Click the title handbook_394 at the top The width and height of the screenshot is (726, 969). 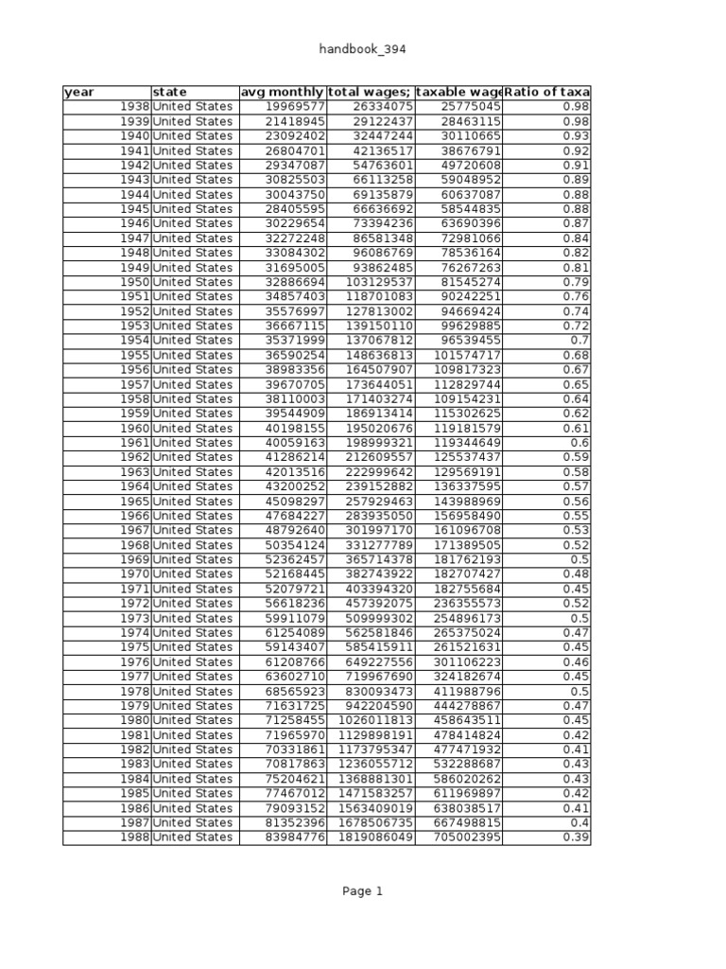click(363, 49)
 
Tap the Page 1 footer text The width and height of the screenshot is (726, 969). click(363, 890)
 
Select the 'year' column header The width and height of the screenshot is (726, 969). click(79, 92)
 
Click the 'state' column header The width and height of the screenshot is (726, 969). click(170, 92)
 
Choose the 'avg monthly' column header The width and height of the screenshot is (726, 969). click(282, 92)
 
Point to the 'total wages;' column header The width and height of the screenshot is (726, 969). click(370, 92)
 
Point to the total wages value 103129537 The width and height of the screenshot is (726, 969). click(379, 282)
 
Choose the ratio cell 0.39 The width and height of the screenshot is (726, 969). click(576, 837)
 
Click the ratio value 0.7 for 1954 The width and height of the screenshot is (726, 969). click(579, 341)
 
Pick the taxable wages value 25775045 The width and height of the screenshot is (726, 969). click(471, 107)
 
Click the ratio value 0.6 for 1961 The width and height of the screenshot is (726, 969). click(579, 443)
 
